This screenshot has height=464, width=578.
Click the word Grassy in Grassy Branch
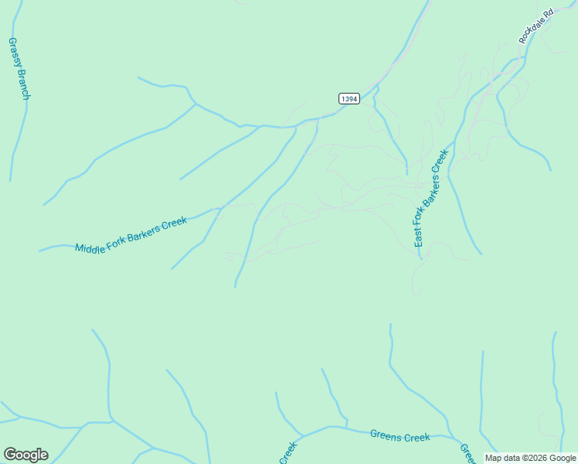point(14,52)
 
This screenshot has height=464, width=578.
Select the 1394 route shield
point(349,99)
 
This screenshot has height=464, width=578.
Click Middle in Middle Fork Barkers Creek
point(90,246)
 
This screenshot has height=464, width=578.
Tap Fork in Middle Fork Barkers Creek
point(116,239)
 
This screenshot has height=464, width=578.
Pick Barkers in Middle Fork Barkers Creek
point(144,231)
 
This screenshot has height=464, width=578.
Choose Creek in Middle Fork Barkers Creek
point(175,223)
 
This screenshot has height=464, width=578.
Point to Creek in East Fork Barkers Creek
point(442,161)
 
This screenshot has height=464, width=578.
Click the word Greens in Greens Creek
point(386,435)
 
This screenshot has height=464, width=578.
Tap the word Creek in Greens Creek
point(417,438)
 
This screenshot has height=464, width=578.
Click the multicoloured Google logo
point(25,455)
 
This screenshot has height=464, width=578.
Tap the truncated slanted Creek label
point(287,453)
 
